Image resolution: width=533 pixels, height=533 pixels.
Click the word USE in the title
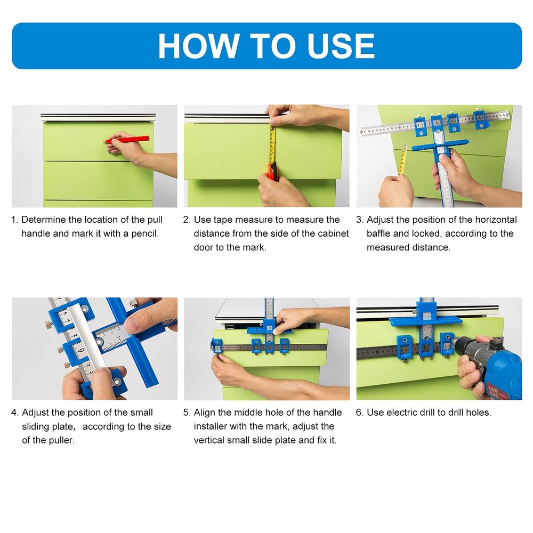tap(341, 46)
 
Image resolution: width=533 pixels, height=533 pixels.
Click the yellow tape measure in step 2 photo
tap(273, 147)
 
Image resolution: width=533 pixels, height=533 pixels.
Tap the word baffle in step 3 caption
tap(380, 233)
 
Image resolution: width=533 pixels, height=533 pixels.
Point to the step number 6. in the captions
tap(360, 413)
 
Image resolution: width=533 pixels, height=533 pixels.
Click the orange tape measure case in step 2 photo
tap(272, 172)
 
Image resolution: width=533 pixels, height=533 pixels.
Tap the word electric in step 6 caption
tap(402, 413)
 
